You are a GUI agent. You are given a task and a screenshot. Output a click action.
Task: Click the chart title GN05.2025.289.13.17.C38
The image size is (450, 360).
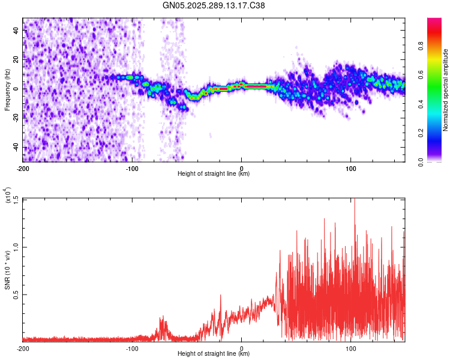tap(214, 6)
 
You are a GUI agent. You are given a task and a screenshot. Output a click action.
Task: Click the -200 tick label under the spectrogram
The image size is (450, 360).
tap(23, 167)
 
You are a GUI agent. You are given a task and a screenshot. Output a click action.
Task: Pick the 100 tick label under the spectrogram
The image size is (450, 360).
tap(351, 167)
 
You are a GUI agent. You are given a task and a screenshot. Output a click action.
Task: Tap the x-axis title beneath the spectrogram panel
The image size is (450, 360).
tap(214, 174)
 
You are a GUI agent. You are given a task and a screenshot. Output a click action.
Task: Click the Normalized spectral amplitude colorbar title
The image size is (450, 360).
tap(446, 90)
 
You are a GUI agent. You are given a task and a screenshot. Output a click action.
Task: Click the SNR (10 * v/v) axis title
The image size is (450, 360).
tap(7, 269)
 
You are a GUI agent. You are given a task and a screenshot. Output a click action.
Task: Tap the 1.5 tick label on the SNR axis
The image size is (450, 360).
tap(15, 199)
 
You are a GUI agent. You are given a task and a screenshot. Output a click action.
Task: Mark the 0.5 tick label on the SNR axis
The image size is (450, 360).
tap(15, 294)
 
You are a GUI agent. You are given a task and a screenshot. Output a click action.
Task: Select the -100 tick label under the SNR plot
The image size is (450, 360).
tap(132, 349)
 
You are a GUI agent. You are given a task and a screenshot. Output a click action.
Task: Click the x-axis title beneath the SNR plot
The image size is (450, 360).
tap(214, 355)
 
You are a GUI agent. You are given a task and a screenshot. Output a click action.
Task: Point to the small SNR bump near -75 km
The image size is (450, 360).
tap(162, 324)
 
